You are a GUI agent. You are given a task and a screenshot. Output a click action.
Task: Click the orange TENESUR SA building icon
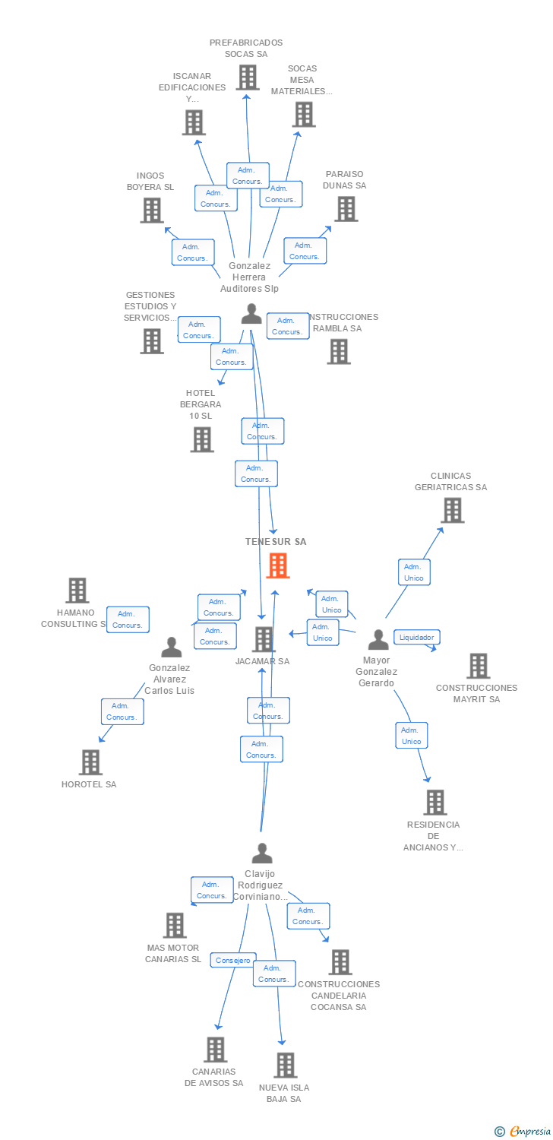(x=278, y=565)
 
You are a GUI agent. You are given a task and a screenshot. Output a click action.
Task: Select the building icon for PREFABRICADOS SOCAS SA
(x=247, y=78)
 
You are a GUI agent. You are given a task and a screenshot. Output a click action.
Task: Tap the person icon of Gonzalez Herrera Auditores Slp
(x=251, y=314)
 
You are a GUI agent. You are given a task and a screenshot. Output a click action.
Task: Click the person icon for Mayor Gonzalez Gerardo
(x=378, y=640)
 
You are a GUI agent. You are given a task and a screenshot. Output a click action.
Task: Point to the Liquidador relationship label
(x=416, y=637)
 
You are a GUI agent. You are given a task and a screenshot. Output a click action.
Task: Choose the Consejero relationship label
(x=232, y=961)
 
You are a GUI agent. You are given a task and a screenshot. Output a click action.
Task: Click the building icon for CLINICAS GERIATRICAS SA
(x=453, y=510)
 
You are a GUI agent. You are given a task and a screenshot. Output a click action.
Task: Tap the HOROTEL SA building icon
(x=90, y=762)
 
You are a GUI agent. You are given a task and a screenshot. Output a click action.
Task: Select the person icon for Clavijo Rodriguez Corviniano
(x=261, y=853)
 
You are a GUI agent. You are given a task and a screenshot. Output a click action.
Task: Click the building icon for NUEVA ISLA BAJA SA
(x=286, y=1065)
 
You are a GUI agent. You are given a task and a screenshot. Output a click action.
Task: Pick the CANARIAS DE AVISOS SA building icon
(x=216, y=1050)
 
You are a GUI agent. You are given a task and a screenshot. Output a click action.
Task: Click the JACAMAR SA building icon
(x=264, y=639)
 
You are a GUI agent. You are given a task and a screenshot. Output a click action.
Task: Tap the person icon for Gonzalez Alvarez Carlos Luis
(x=172, y=648)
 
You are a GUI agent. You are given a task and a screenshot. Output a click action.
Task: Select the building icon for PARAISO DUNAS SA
(x=346, y=208)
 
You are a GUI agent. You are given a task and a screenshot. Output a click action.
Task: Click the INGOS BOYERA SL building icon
(x=152, y=210)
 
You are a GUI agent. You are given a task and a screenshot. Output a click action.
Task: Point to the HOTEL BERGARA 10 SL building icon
(x=202, y=439)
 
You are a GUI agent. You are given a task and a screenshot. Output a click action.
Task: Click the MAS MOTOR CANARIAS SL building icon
(x=175, y=925)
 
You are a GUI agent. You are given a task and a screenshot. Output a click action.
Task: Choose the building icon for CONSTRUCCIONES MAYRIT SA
(x=478, y=666)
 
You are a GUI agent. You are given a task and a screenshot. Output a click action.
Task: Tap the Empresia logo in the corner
(x=524, y=1132)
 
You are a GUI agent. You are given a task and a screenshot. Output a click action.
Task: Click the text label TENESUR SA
(x=276, y=542)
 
